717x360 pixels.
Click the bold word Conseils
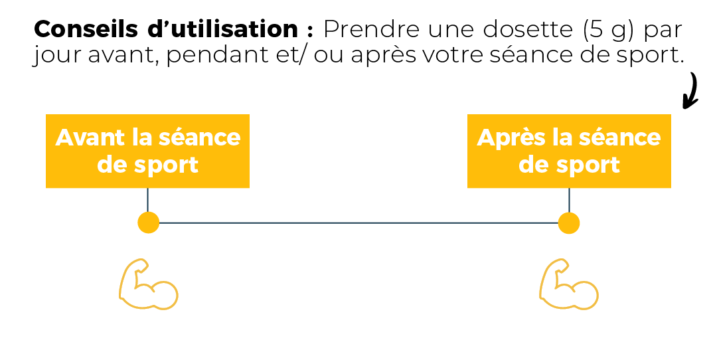tap(86, 29)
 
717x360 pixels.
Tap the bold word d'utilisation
tap(222, 29)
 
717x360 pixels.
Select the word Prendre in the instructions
tap(371, 30)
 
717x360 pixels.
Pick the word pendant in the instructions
tap(222, 55)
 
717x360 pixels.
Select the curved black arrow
tap(691, 92)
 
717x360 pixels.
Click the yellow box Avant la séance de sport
tap(147, 151)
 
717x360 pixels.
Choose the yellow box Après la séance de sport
tap(569, 151)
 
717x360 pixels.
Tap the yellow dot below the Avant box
tap(149, 223)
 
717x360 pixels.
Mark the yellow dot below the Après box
tap(569, 223)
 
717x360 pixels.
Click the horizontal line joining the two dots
tap(358, 223)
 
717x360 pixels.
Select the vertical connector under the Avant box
tap(147, 201)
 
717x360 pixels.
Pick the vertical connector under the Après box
tap(569, 201)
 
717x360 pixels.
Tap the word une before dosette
tap(451, 30)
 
